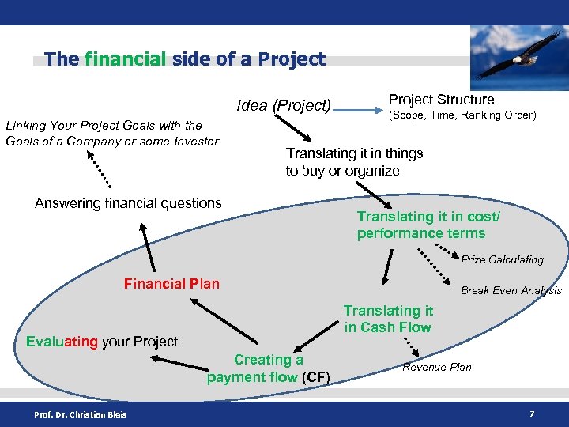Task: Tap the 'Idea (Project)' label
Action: click(284, 105)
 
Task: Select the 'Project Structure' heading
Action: click(441, 100)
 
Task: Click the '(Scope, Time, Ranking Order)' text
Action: click(462, 115)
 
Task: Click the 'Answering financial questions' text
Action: click(128, 203)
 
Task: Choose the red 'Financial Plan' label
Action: click(171, 284)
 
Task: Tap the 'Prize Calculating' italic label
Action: click(502, 259)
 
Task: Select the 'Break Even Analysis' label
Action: click(511, 291)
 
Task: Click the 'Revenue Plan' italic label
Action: click(436, 367)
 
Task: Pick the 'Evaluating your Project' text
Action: click(102, 342)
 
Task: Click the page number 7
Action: click(532, 414)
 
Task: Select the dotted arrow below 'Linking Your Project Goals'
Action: click(99, 167)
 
